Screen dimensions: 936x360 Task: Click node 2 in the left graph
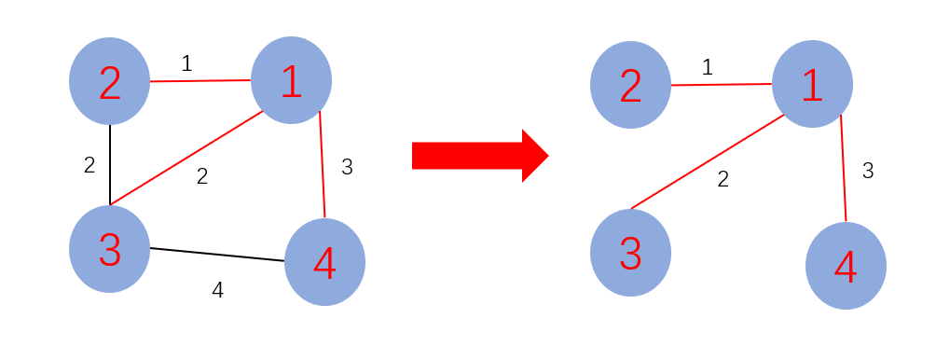109,81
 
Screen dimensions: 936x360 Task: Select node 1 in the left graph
291,80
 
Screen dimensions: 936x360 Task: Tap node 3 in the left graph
109,249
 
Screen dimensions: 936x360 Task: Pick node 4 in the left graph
324,262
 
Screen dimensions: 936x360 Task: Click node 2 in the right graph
630,85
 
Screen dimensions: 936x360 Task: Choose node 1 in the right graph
812,84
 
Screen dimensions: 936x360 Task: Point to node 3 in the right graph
630,253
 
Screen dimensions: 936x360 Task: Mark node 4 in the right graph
846,266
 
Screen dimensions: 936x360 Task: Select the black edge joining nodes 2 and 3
110,164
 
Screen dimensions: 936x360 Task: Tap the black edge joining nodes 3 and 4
216,254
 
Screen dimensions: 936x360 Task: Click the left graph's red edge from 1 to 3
186,159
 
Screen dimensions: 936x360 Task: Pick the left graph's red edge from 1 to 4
322,164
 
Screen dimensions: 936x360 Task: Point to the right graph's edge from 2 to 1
721,85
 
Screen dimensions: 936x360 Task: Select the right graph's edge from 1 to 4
843,168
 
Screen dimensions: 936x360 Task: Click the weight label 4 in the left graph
217,290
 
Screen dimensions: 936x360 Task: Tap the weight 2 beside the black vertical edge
89,166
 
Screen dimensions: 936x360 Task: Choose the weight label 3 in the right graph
867,171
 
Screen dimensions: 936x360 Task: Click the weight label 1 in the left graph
186,63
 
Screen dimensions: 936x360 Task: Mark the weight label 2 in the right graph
723,179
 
